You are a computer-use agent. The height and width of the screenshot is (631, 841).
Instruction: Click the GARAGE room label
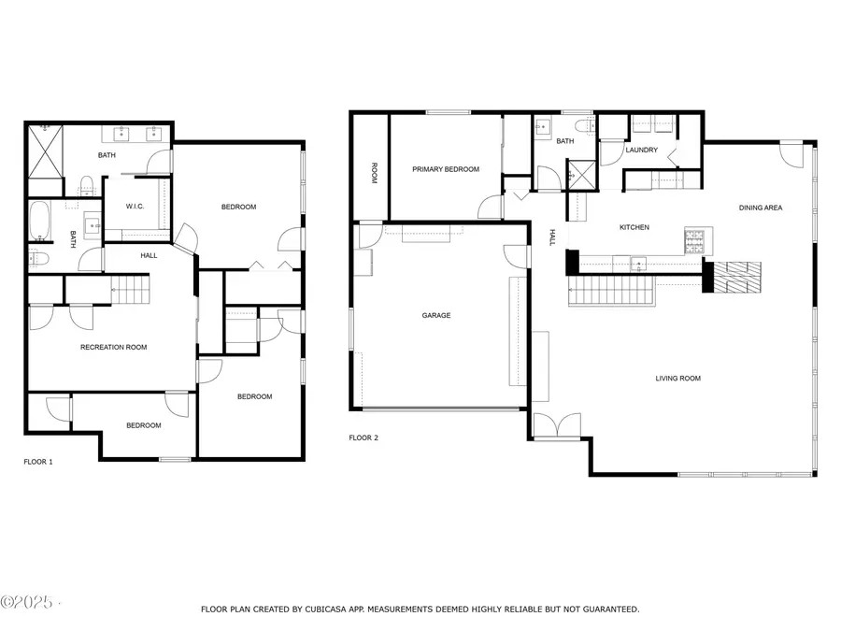coord(436,316)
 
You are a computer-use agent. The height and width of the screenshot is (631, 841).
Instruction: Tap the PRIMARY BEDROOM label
coord(446,169)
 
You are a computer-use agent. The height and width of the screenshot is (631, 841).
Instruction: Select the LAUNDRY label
coord(641,151)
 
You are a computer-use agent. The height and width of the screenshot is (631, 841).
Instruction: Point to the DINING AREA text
coord(761,208)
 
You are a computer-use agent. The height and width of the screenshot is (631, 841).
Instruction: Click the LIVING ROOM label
coord(678,379)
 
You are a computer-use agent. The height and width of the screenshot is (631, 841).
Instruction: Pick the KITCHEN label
coord(634,227)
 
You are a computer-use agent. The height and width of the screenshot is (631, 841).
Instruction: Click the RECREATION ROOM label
coord(114,347)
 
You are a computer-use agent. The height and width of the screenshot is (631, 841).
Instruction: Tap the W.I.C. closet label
coord(135,207)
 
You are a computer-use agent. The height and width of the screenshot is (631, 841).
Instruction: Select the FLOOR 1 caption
coord(38,462)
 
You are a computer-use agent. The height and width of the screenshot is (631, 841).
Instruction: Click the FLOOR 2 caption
coord(363,437)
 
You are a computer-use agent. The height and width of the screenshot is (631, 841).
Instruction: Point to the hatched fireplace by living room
coord(737,278)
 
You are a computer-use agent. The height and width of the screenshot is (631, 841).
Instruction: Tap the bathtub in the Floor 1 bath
coord(39,220)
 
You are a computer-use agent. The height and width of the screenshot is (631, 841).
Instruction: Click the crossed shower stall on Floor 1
coord(45,151)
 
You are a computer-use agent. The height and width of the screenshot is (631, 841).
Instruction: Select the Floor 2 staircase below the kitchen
coord(612,291)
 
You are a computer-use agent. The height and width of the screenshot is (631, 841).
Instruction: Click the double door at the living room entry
coord(558,425)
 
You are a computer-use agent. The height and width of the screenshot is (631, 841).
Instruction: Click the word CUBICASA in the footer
coord(325,609)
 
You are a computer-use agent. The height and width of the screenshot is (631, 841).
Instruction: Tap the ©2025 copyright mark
coord(27,602)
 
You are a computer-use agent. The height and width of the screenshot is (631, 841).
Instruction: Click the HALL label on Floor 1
coord(150,256)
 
